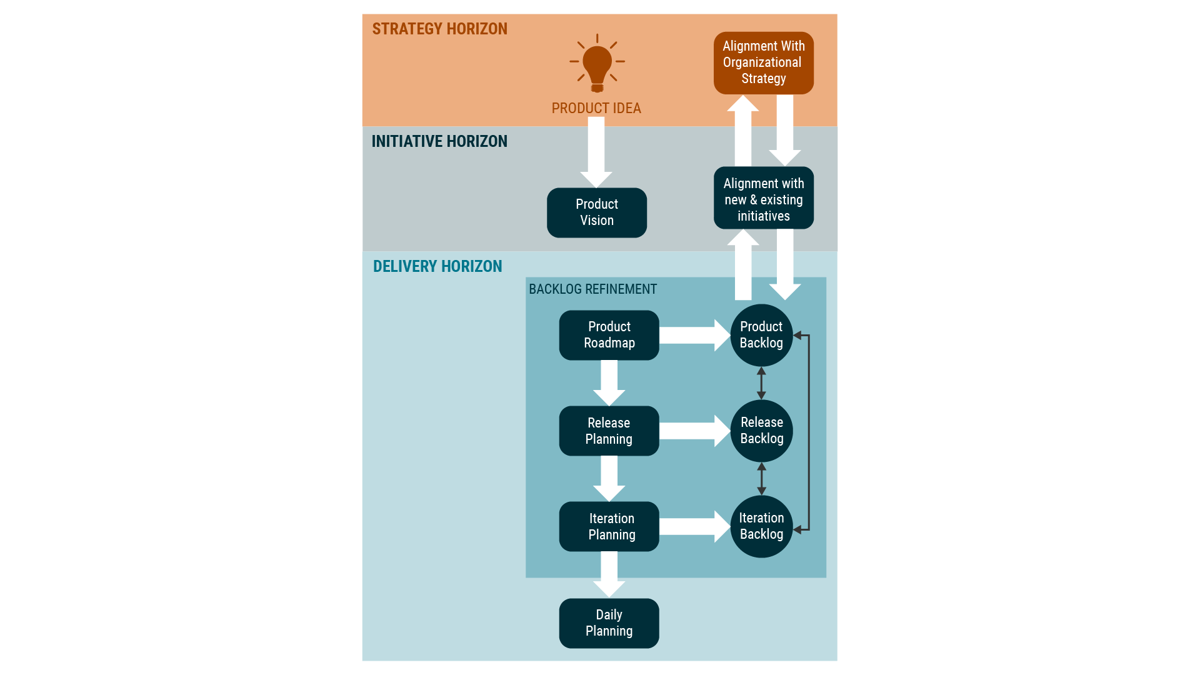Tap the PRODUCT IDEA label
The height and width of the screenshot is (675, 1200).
(x=596, y=108)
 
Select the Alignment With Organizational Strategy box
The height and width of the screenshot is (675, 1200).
(x=763, y=62)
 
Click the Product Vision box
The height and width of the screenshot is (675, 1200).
(x=596, y=212)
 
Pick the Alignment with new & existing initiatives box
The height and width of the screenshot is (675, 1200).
(x=763, y=199)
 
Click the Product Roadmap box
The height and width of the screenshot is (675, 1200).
(x=609, y=335)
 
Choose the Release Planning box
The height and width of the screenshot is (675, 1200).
(x=609, y=431)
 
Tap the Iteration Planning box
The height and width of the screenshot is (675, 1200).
(x=609, y=526)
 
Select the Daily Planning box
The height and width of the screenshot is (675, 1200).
(x=609, y=623)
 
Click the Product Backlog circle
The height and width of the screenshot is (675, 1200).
(x=761, y=335)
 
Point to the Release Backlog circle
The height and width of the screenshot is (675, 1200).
(x=761, y=431)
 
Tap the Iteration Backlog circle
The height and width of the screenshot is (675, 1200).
(x=761, y=526)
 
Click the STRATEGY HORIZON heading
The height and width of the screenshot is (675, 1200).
(x=439, y=29)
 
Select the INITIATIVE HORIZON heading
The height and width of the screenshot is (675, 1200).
(x=439, y=142)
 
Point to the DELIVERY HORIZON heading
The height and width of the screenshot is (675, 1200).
(x=437, y=267)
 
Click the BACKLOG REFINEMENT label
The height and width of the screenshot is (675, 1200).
(x=592, y=289)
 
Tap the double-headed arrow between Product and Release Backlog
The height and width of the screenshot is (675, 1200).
(x=761, y=383)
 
